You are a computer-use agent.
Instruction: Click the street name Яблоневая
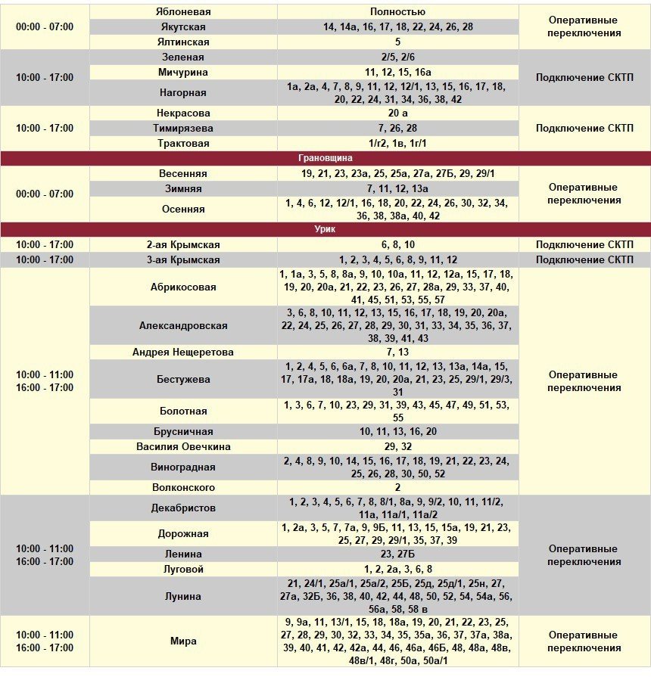(183, 12)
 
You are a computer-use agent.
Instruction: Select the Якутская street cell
(183, 27)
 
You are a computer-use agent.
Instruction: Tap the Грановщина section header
(325, 158)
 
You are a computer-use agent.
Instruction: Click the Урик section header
(325, 229)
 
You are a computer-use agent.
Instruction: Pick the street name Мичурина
(183, 73)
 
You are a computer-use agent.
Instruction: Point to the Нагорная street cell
(183, 93)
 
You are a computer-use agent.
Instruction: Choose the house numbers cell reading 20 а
(397, 113)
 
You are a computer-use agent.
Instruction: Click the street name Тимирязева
(183, 129)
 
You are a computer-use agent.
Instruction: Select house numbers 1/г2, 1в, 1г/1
(397, 144)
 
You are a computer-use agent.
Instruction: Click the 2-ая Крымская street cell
(183, 245)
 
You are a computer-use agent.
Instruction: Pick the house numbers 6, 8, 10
(397, 245)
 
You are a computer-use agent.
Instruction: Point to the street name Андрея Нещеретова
(183, 352)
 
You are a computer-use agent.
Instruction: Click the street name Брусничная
(183, 431)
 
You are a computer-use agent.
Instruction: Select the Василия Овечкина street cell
(183, 447)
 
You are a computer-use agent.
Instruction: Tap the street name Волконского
(183, 488)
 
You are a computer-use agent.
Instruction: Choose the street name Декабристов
(183, 508)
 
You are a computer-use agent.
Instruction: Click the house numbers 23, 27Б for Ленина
(397, 554)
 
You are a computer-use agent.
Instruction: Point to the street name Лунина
(183, 597)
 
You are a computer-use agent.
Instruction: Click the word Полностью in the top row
(397, 12)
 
